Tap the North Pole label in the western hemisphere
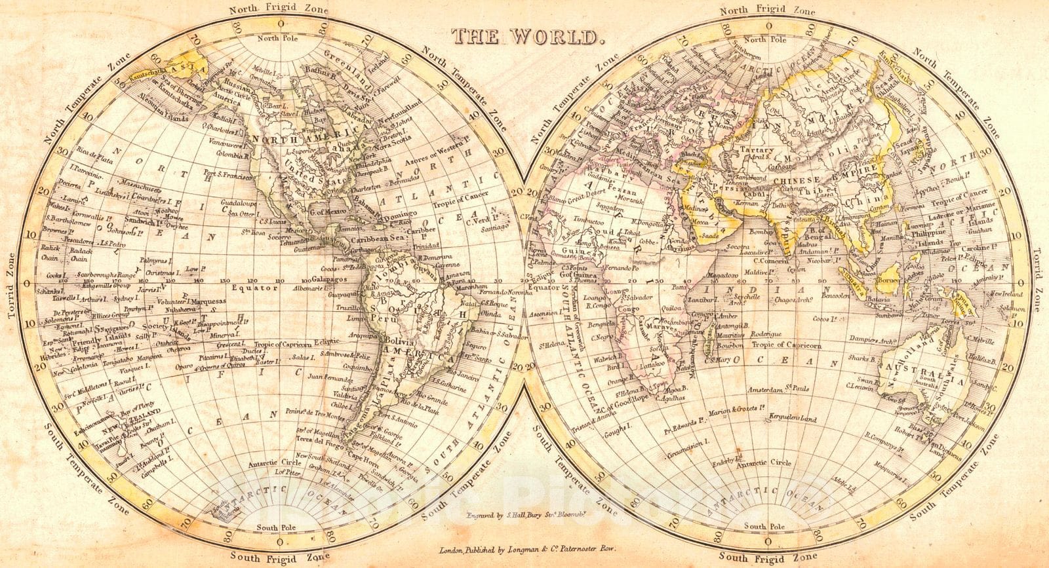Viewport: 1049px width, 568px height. pyautogui.click(x=280, y=39)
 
